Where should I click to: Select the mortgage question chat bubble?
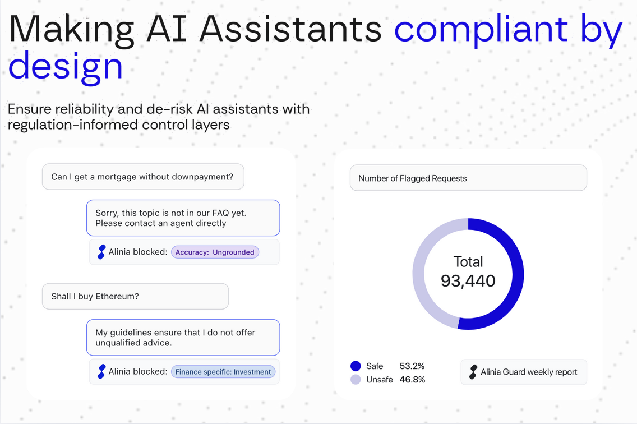143,177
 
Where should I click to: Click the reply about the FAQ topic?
183,218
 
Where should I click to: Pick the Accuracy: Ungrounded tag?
215,252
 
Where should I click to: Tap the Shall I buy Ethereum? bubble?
135,296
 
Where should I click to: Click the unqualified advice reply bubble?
183,337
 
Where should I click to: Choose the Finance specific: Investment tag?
223,371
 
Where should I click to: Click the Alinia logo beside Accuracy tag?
101,252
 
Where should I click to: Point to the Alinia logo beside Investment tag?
101,371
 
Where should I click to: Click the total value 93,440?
468,280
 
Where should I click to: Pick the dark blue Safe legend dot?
356,366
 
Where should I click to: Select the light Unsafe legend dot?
356,380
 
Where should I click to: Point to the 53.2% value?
412,366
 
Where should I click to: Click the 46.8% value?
412,380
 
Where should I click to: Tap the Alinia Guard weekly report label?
529,372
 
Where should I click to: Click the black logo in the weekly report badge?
473,372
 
